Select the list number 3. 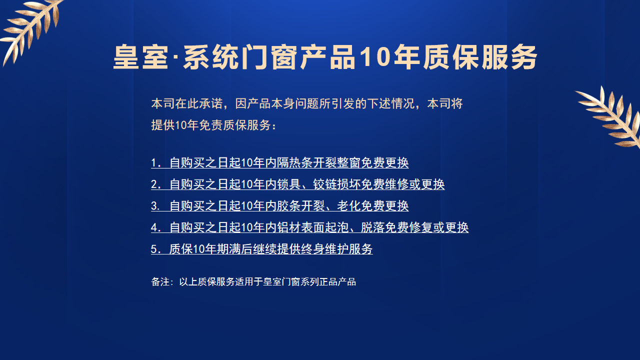[x=154, y=206]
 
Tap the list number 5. [x=154, y=249]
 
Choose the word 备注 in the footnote [x=159, y=282]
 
